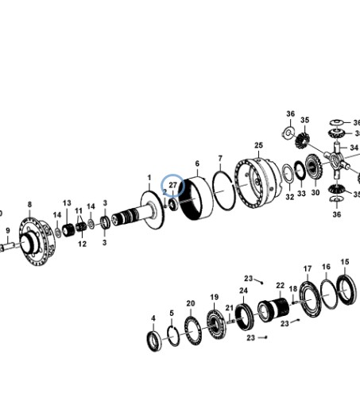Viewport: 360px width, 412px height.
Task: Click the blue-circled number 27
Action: [172, 185]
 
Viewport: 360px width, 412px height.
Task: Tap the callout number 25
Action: [258, 145]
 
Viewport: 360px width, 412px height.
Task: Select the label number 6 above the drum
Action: [197, 164]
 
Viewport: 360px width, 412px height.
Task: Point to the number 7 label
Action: [220, 159]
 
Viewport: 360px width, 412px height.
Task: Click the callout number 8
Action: [29, 205]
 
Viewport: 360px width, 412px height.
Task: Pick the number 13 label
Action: [67, 203]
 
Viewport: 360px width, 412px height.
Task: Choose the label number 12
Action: [82, 244]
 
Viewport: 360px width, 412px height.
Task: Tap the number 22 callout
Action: [280, 286]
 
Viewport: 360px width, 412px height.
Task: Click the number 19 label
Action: [215, 297]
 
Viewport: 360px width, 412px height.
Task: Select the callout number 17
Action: [308, 269]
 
